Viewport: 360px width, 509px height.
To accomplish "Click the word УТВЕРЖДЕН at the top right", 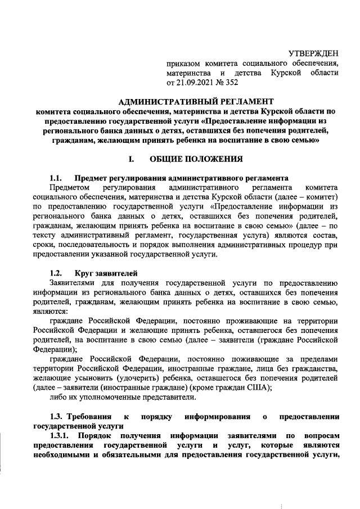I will [313, 53].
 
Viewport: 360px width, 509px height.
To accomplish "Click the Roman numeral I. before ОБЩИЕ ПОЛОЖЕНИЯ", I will [131, 159].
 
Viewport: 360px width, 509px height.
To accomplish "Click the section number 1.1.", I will [57, 178].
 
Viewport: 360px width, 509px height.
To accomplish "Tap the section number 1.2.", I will [57, 274].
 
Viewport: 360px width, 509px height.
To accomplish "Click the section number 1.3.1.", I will [60, 436].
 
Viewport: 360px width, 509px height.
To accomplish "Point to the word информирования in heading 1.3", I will [217, 417].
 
